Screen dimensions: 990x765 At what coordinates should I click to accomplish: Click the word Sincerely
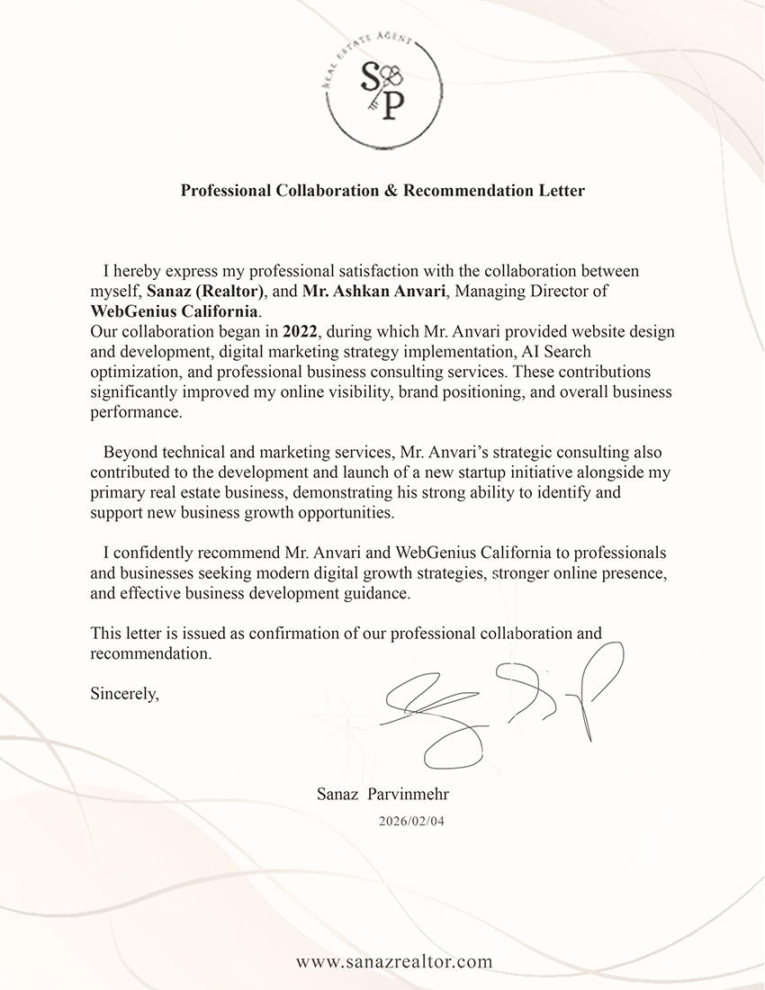124,694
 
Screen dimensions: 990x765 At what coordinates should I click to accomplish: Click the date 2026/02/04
411,821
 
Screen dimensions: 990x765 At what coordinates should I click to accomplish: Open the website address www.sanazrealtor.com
394,961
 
